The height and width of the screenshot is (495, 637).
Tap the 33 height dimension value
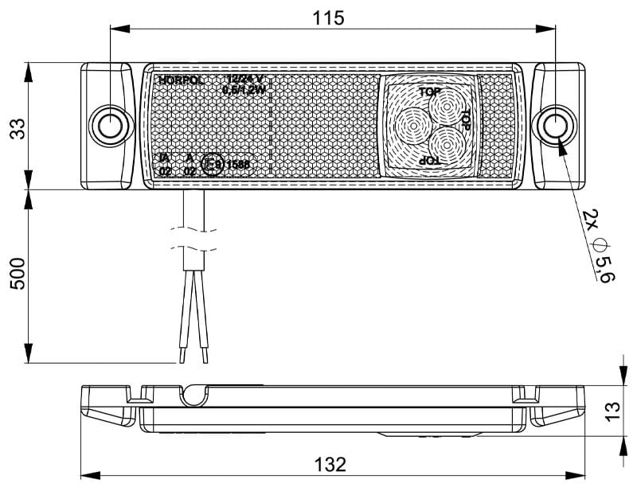[x=18, y=127]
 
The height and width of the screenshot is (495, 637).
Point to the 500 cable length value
[x=18, y=275]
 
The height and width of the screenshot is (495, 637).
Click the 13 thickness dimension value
[x=612, y=410]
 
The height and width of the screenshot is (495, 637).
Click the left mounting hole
[x=107, y=125]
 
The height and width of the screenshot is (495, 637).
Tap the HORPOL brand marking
[x=181, y=80]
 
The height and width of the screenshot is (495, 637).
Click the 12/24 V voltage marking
[x=244, y=80]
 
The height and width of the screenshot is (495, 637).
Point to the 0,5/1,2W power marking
[x=244, y=90]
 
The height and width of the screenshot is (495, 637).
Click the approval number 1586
[x=237, y=166]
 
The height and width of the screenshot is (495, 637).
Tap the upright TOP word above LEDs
[x=430, y=92]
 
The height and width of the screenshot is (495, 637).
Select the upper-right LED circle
[x=443, y=108]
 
